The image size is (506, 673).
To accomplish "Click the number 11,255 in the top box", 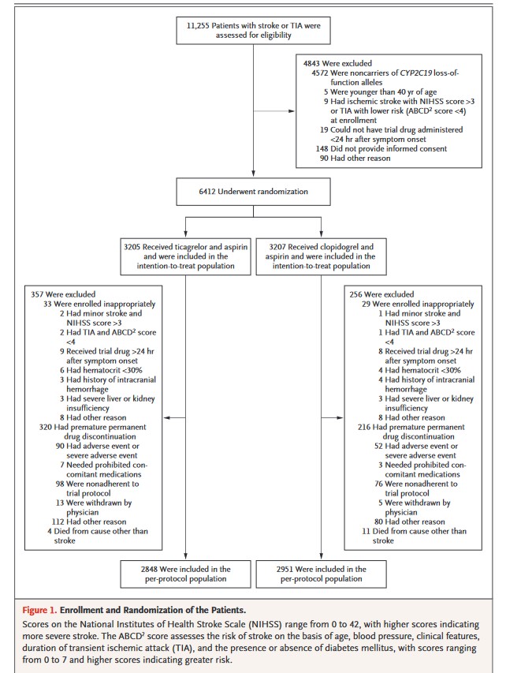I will coord(199,24).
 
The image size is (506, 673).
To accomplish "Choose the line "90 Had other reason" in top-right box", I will coord(354,158).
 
